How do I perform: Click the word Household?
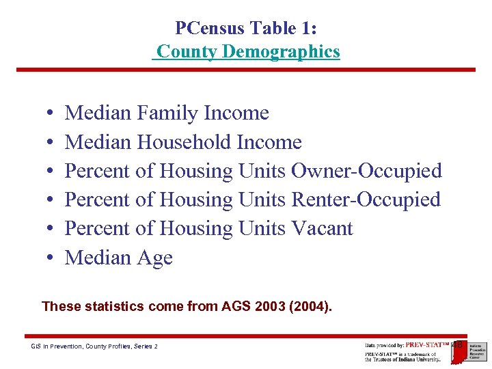click(x=184, y=142)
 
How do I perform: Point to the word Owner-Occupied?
click(x=366, y=171)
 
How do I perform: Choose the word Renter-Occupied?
click(x=366, y=200)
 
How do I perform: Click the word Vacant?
click(x=322, y=228)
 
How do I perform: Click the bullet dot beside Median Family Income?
click(x=52, y=113)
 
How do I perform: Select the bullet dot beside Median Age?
click(x=52, y=258)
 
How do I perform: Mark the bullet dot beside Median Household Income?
click(x=52, y=143)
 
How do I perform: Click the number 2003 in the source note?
click(x=270, y=306)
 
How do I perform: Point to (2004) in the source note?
click(x=310, y=306)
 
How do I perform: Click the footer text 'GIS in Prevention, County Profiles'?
click(x=85, y=346)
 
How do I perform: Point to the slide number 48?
click(x=458, y=344)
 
